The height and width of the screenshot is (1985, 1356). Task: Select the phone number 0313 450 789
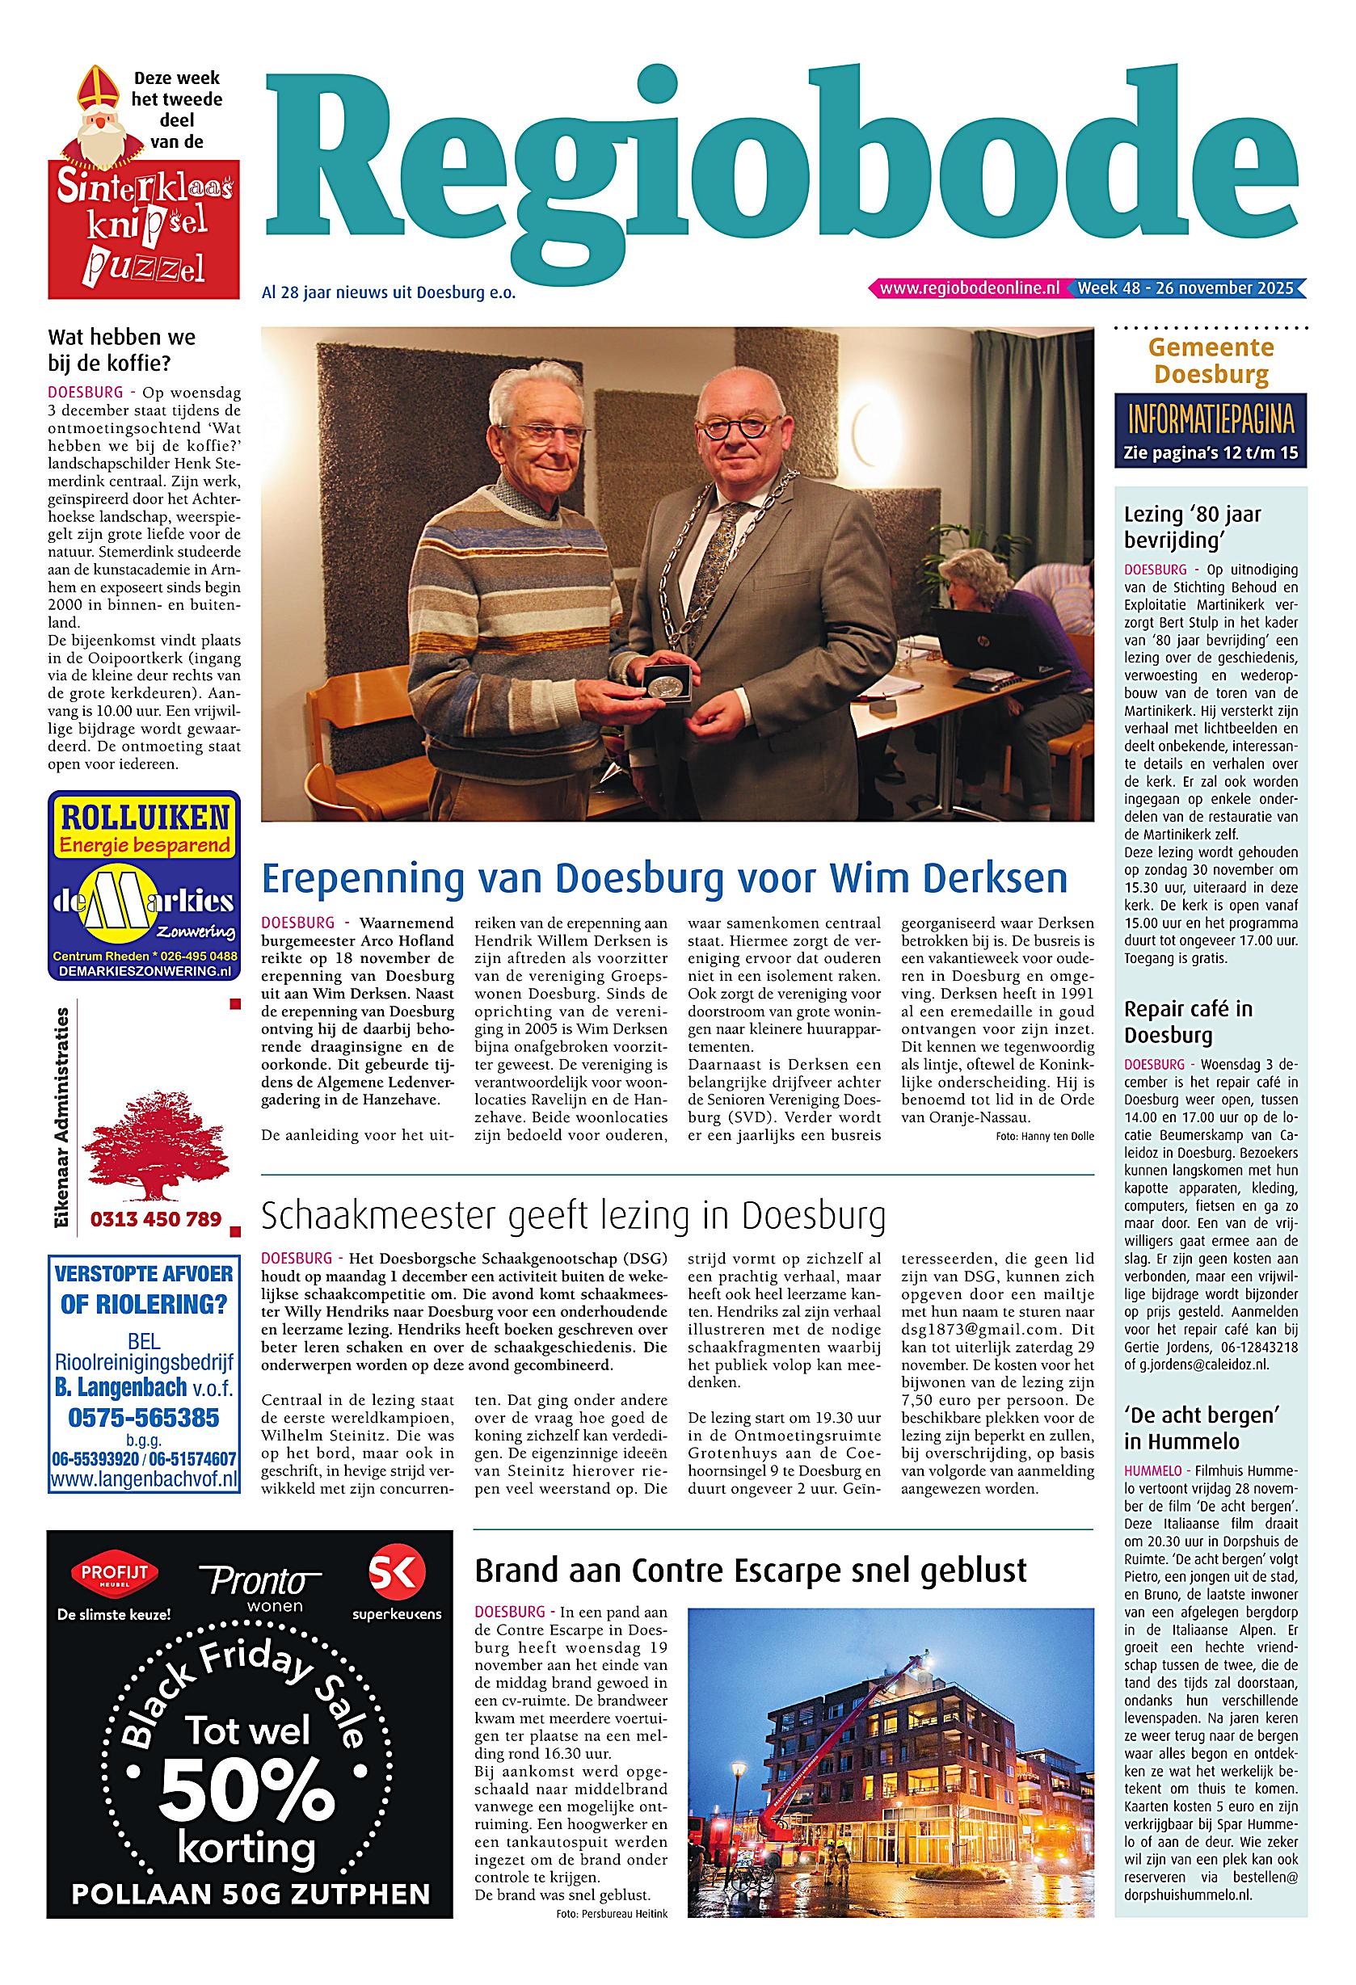tap(156, 1219)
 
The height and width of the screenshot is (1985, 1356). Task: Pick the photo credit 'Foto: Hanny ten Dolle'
tap(1044, 1136)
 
